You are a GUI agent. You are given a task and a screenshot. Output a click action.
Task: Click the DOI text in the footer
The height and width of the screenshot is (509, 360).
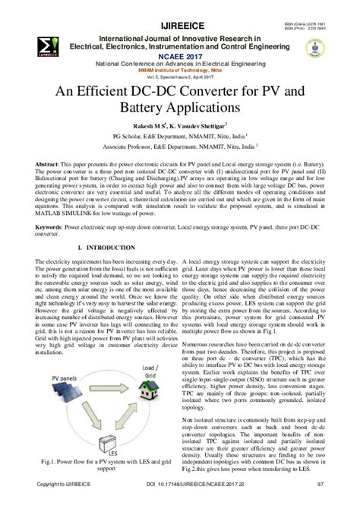(179, 503)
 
